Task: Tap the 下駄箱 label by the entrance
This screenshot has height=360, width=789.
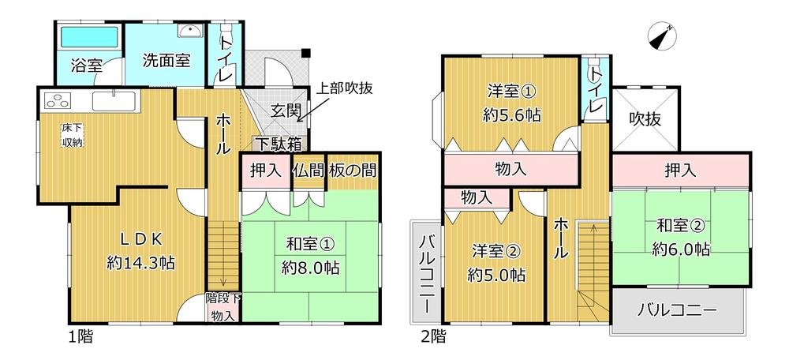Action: click(277, 144)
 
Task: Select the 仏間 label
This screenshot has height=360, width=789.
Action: click(307, 170)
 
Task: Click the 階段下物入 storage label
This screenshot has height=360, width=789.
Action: click(223, 307)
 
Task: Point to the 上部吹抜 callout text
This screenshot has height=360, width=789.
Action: click(345, 89)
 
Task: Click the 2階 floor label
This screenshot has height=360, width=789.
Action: click(432, 337)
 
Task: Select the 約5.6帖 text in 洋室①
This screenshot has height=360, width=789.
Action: click(510, 114)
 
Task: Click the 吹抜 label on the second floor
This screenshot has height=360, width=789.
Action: click(644, 119)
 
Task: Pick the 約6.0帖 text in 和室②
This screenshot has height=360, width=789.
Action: click(681, 249)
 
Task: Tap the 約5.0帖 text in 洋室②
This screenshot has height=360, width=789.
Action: click(495, 276)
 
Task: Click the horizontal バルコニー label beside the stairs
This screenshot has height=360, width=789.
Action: click(678, 309)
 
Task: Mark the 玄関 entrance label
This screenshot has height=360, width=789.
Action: click(285, 111)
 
